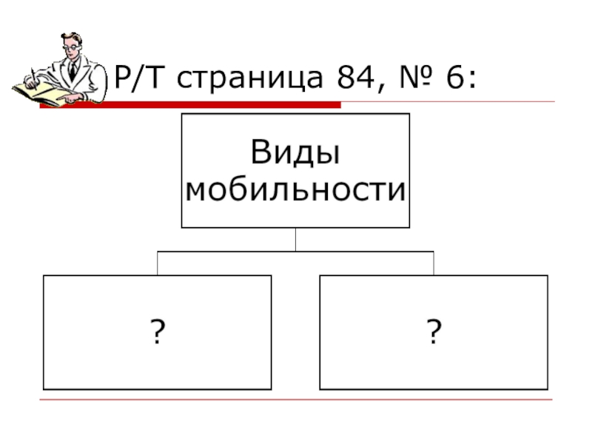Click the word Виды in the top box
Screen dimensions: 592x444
(296, 153)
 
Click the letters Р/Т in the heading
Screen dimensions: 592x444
(141, 76)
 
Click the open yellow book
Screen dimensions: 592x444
(44, 93)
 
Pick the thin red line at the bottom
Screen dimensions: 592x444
(296, 400)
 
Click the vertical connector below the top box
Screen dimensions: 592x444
(295, 239)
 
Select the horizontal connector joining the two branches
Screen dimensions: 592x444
(295, 252)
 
